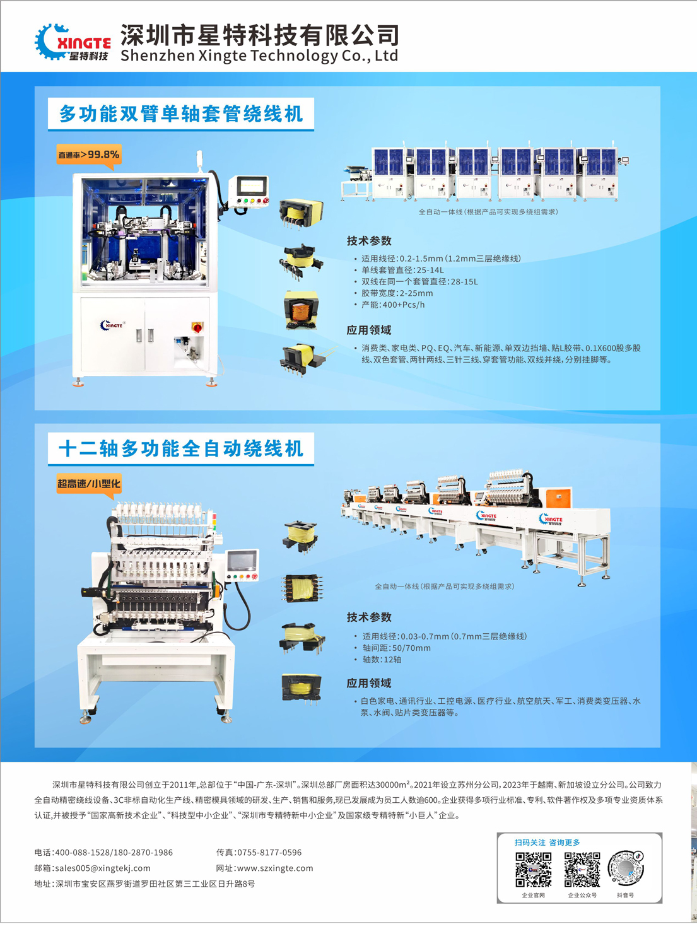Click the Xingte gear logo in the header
73,42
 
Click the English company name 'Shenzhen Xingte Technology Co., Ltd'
259,55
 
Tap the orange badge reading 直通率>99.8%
89,155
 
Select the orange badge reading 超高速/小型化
89,484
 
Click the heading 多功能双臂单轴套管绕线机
181,114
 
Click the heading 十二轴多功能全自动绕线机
181,448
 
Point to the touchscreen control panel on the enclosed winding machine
252,186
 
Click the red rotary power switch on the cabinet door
197,327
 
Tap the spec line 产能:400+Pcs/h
393,305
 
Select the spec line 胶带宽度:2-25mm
397,293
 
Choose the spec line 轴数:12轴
382,659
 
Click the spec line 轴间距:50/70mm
397,648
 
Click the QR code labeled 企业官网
533,869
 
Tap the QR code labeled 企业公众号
582,869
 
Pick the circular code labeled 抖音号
626,868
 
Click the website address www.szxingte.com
275,868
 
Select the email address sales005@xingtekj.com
103,868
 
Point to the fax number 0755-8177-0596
269,852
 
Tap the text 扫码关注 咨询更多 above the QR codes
547,843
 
